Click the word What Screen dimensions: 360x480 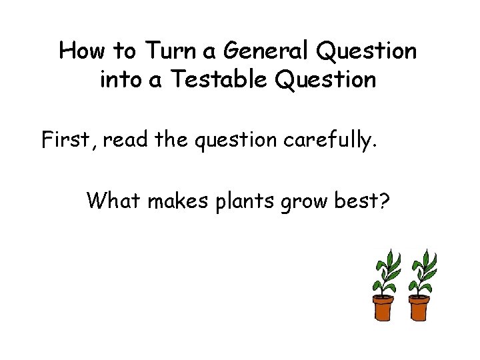(x=114, y=199)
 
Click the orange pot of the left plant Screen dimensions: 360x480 (x=383, y=307)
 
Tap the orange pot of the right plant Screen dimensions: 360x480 (x=419, y=307)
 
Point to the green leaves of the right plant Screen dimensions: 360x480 (x=424, y=270)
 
